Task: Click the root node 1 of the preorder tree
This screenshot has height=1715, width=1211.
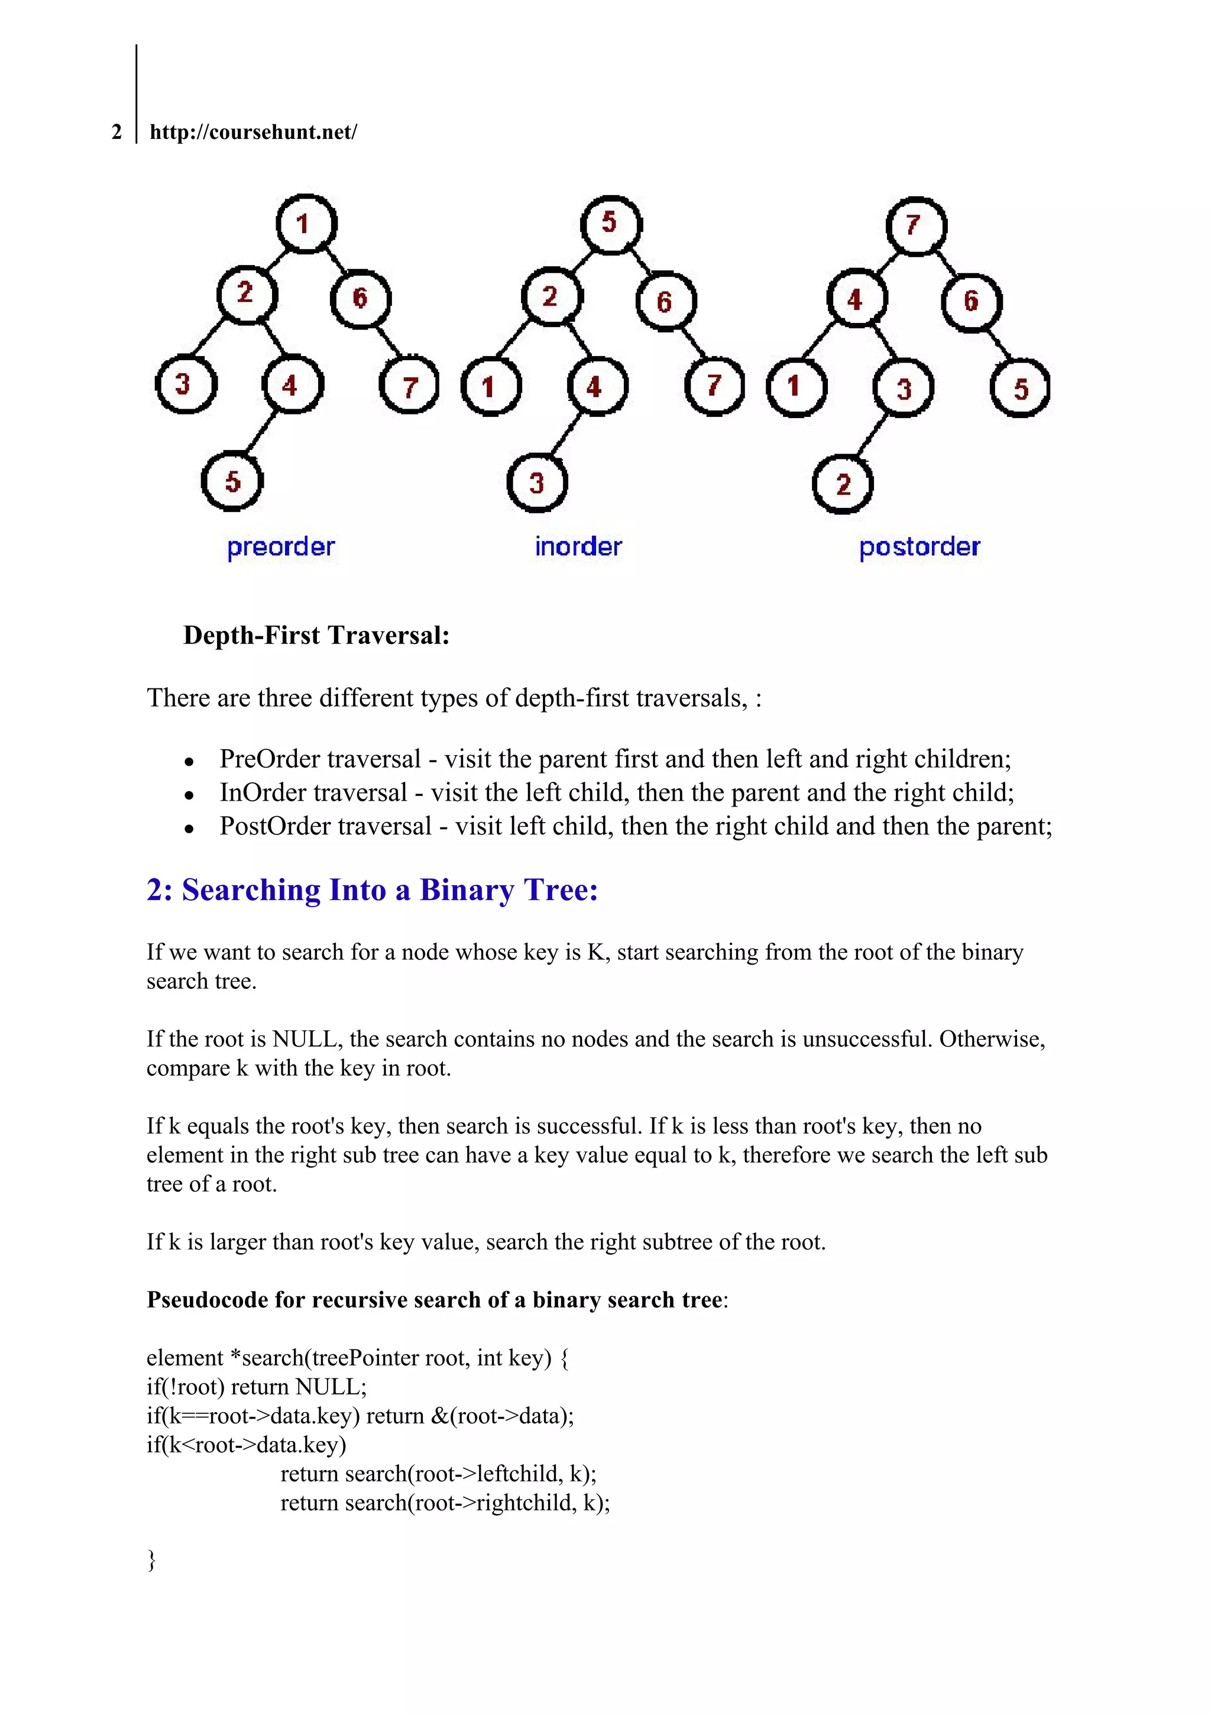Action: coord(306,224)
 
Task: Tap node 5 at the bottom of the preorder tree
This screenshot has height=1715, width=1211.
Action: coord(232,481)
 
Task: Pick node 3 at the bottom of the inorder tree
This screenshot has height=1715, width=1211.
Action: coord(537,483)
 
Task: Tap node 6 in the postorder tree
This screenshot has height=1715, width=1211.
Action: coord(971,301)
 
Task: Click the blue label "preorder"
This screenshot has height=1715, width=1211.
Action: coord(281,548)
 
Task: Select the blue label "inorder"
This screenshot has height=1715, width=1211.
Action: coord(578,547)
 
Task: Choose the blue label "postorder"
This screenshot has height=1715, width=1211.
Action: coord(919,548)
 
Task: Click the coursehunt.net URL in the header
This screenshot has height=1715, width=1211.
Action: coord(253,132)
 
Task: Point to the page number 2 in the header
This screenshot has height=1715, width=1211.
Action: coord(116,132)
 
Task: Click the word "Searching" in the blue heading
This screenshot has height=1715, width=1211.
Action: coord(251,891)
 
